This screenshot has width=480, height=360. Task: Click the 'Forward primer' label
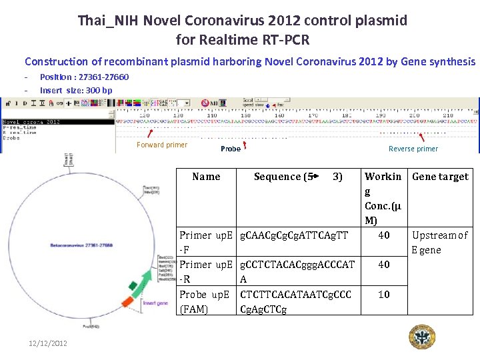tap(162, 145)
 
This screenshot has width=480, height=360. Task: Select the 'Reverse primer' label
tap(413, 149)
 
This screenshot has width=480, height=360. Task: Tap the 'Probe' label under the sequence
tap(231, 149)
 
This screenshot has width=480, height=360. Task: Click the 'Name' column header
tap(206, 177)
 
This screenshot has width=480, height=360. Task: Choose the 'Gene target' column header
tap(440, 177)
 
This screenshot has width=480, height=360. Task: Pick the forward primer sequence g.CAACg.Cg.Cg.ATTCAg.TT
tap(294, 235)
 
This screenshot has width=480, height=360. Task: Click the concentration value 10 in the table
tap(384, 294)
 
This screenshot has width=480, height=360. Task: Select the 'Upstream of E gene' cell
tap(440, 242)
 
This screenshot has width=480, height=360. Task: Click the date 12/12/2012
tap(48, 343)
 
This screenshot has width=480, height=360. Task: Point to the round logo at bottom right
tap(421, 339)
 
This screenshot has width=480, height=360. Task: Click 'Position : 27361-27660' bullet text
tap(85, 77)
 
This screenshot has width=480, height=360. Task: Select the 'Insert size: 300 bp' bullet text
tap(76, 90)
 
